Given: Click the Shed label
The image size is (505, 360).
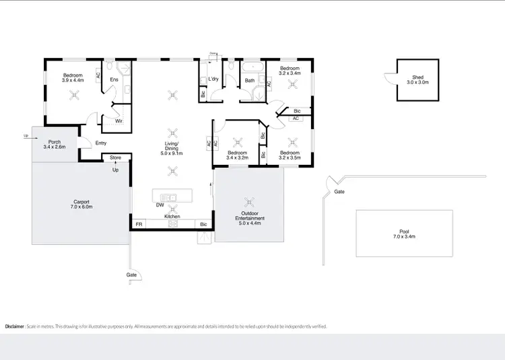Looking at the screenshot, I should tap(417, 77).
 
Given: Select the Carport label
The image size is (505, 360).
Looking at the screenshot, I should tap(81, 202).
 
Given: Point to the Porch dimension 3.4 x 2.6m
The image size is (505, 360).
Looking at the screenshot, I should tap(54, 147).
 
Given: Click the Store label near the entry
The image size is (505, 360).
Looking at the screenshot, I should tap(115, 158).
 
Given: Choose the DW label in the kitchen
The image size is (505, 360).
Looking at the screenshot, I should tap(160, 205).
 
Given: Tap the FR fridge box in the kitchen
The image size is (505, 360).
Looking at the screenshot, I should tap(139, 223).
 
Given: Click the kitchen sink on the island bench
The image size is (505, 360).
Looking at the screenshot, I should tap(171, 196).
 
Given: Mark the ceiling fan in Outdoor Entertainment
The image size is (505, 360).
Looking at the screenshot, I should tap(249, 201).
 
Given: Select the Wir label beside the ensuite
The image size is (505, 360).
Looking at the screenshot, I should tap(118, 121).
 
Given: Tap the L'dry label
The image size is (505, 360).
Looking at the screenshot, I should tap(213, 79).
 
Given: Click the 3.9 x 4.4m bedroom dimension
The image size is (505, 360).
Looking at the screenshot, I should tap(73, 80).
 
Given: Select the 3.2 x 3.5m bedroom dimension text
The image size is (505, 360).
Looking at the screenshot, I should tap(290, 158).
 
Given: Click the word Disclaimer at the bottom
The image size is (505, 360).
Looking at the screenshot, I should tap(15, 326).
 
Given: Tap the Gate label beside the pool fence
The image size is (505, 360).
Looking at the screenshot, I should tap(339, 192).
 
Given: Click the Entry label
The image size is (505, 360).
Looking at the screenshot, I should tap(101, 143).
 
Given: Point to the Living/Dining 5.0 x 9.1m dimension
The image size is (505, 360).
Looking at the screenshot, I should tap(172, 154).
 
